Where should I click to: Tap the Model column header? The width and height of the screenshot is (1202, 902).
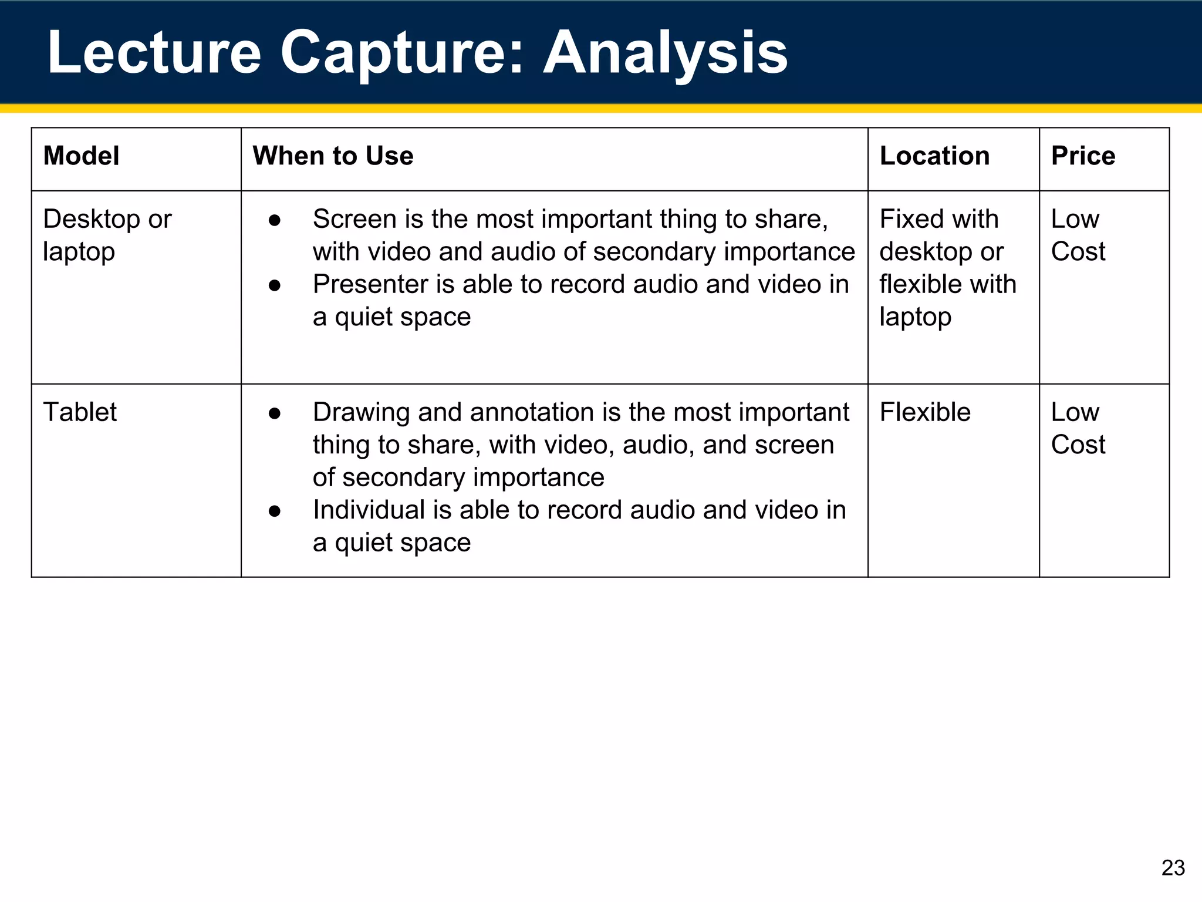pyautogui.click(x=81, y=156)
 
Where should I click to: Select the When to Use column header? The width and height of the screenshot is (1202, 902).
pyautogui.click(x=333, y=156)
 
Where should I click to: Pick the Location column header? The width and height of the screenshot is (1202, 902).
pyautogui.click(x=934, y=156)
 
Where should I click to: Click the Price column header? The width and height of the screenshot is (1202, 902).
pyautogui.click(x=1083, y=156)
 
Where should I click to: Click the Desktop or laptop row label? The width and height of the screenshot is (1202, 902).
pyautogui.click(x=107, y=235)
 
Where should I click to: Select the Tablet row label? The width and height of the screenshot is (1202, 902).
pyautogui.click(x=80, y=412)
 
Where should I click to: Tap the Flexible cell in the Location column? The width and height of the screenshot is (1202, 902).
pyautogui.click(x=925, y=412)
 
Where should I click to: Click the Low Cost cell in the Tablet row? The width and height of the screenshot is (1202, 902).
pyautogui.click(x=1078, y=428)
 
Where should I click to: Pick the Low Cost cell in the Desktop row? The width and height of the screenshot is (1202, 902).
pyautogui.click(x=1078, y=235)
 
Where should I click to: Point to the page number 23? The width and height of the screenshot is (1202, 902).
pyautogui.click(x=1173, y=868)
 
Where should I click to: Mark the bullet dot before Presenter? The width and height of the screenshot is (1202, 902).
pyautogui.click(x=274, y=285)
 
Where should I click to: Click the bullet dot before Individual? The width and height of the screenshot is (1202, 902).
pyautogui.click(x=274, y=511)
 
